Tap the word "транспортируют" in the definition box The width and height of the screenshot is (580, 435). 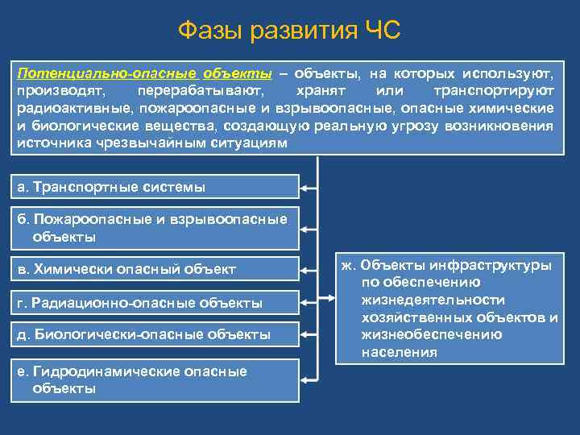(x=493, y=91)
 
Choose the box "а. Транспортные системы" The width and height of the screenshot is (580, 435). (x=154, y=188)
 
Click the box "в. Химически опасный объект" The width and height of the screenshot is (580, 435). (x=154, y=269)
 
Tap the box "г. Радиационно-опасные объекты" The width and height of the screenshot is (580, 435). (x=154, y=303)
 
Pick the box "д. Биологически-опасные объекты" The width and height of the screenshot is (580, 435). (x=154, y=334)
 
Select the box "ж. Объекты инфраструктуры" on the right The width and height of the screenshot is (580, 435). (x=448, y=309)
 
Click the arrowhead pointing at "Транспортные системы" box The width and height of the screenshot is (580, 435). (x=306, y=188)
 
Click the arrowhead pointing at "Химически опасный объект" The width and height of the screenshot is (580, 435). (x=306, y=269)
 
